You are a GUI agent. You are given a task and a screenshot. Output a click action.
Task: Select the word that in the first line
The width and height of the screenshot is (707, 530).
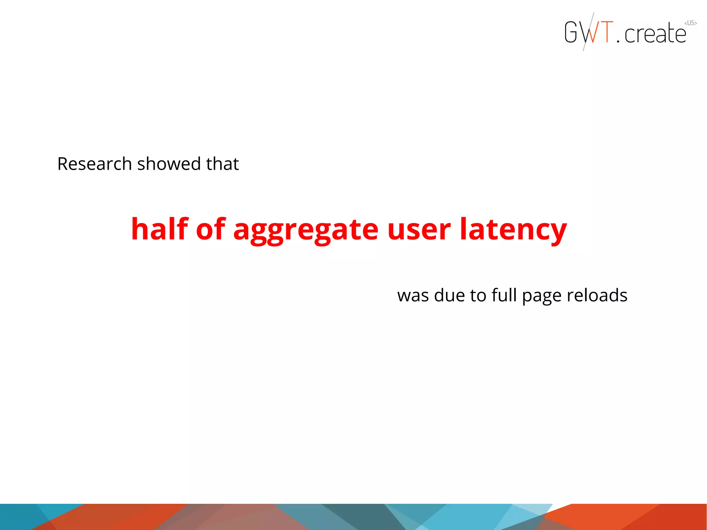tap(222, 164)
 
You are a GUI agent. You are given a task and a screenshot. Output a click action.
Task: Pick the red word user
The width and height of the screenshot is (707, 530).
tap(419, 230)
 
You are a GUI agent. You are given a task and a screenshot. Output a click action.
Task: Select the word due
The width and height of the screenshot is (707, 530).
tap(450, 295)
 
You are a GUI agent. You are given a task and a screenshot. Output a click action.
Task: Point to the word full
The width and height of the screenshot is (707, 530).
tap(504, 295)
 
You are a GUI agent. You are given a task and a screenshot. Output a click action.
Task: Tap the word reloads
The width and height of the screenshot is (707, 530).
tap(597, 295)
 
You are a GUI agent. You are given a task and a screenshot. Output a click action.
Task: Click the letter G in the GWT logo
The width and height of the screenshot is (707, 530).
tap(571, 32)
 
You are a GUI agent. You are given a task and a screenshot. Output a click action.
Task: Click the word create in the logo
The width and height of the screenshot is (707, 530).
tap(655, 34)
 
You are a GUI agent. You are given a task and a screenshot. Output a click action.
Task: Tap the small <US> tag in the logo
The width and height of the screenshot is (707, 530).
tap(690, 23)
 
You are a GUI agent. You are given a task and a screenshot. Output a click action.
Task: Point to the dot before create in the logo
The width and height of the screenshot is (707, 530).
tap(618, 41)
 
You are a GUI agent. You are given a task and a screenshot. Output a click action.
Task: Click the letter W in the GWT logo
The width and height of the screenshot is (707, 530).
tap(589, 32)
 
